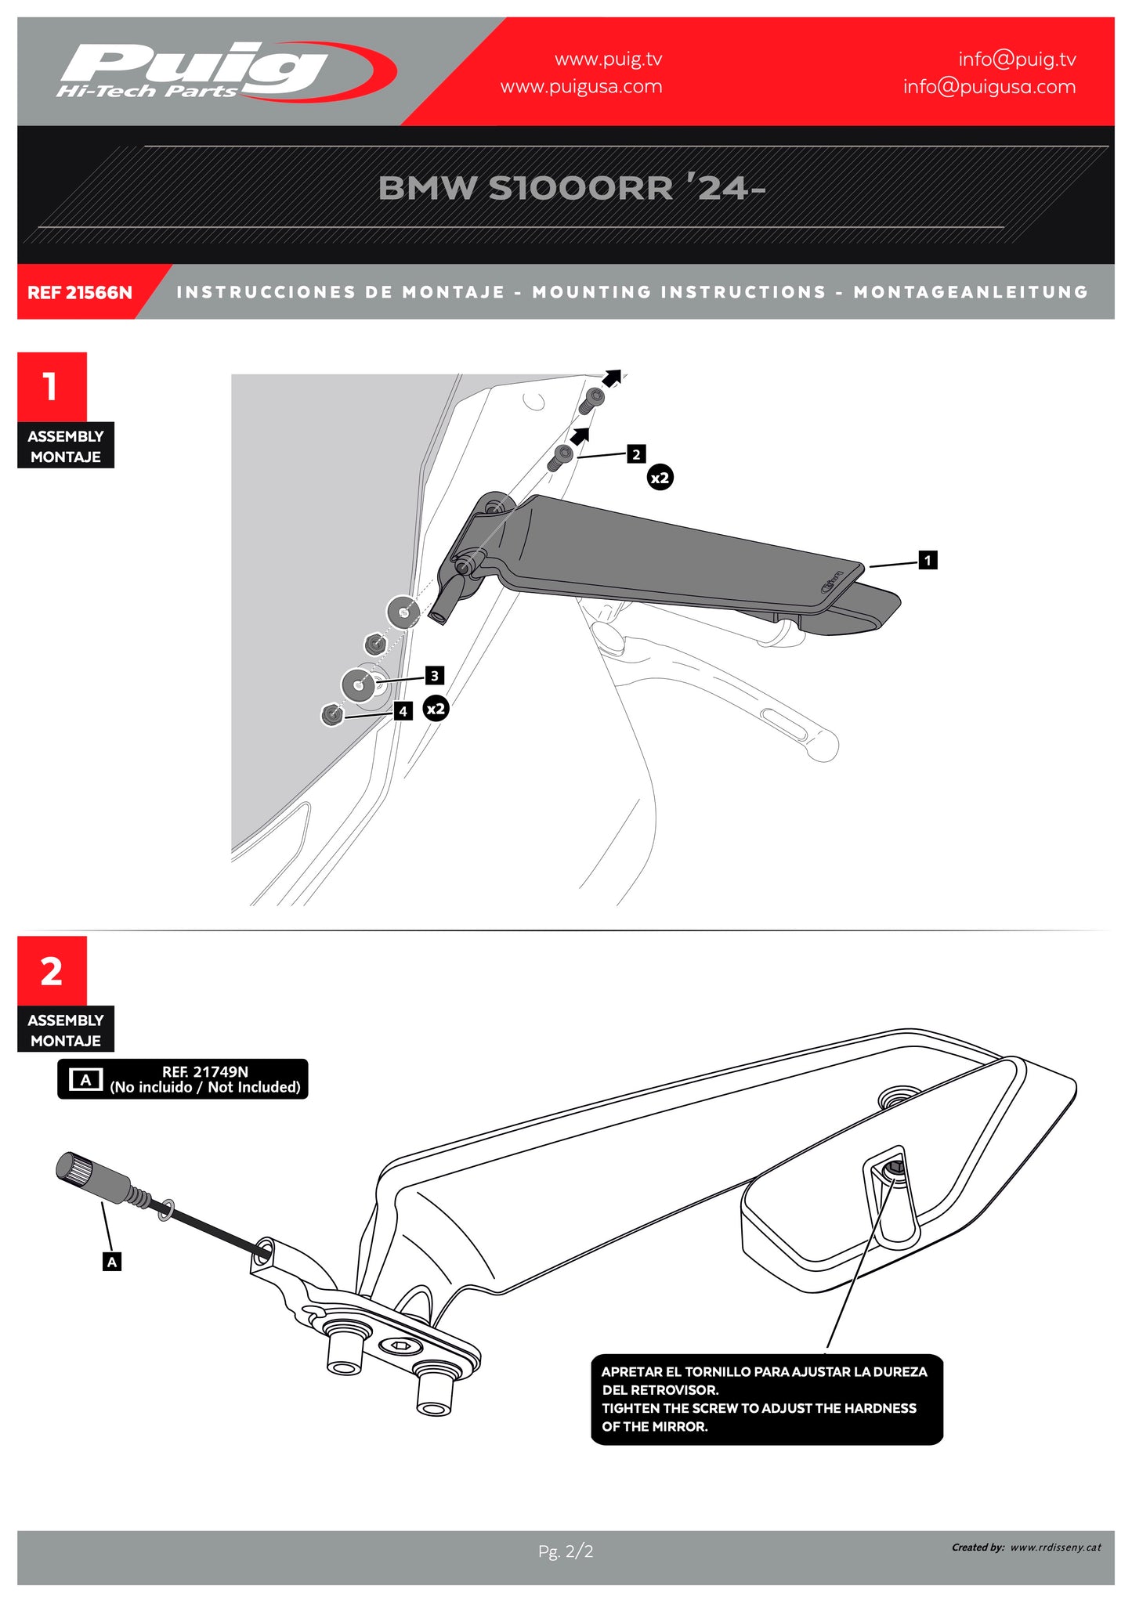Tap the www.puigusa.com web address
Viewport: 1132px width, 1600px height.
tap(580, 87)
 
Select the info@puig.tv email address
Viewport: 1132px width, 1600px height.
tap(1016, 60)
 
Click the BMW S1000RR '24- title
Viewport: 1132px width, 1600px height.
tap(571, 188)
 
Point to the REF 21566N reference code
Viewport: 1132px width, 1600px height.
tap(80, 293)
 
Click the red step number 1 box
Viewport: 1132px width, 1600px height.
tap(52, 387)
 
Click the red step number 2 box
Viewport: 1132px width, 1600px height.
tap(52, 971)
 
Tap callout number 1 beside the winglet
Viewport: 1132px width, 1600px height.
tap(928, 560)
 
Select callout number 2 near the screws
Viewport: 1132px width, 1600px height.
tap(636, 454)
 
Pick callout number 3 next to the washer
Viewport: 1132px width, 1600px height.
tap(435, 675)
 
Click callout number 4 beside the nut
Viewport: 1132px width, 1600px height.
tap(403, 711)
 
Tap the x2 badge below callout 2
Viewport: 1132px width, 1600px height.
tap(660, 478)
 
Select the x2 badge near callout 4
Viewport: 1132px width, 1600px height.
tap(436, 709)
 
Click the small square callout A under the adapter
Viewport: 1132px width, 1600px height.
tap(112, 1262)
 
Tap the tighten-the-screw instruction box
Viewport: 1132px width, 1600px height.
tap(765, 1399)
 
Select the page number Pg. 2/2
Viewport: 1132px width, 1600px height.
tap(566, 1551)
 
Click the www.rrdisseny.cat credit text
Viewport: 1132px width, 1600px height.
tap(1055, 1547)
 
